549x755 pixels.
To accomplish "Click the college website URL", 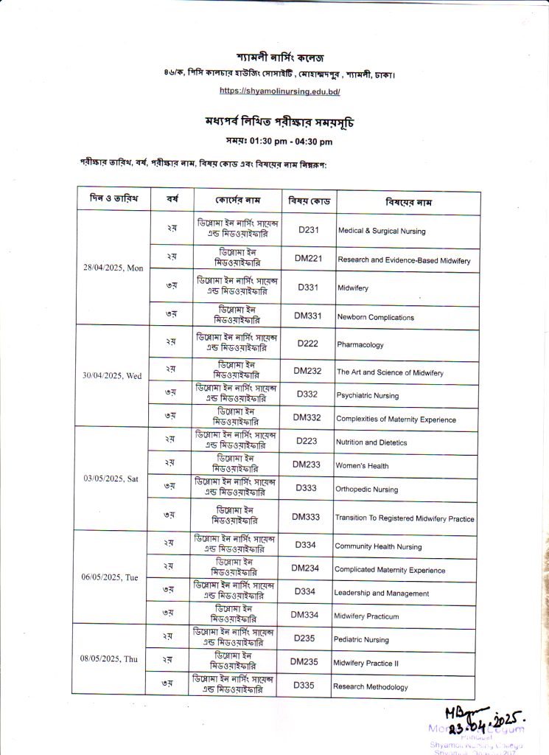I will tap(279, 91).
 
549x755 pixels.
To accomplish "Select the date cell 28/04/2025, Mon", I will tap(113, 267).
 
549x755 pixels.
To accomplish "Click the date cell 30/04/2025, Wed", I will tap(113, 375).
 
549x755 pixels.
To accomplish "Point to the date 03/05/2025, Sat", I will tap(111, 479).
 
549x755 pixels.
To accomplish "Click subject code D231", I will tap(309, 230).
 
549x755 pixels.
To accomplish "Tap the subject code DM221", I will tap(310, 260).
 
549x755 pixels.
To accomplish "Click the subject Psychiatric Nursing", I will tap(368, 396).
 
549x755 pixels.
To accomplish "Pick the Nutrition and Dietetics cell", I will tap(371, 442).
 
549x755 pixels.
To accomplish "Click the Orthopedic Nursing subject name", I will tap(366, 490).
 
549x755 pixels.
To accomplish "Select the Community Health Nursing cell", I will tap(378, 546).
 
